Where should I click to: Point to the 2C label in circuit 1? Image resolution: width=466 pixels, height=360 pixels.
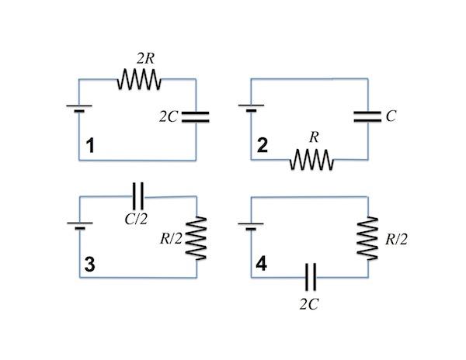[x=169, y=117]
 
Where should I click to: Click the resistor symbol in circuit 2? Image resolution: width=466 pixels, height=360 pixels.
[x=311, y=161]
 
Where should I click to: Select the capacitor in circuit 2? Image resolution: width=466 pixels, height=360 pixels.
[x=367, y=116]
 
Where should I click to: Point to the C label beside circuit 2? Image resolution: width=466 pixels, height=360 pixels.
[x=391, y=116]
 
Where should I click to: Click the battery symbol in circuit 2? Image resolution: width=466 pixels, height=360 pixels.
[x=249, y=107]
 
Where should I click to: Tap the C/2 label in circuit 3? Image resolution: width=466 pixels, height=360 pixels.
[x=136, y=219]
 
